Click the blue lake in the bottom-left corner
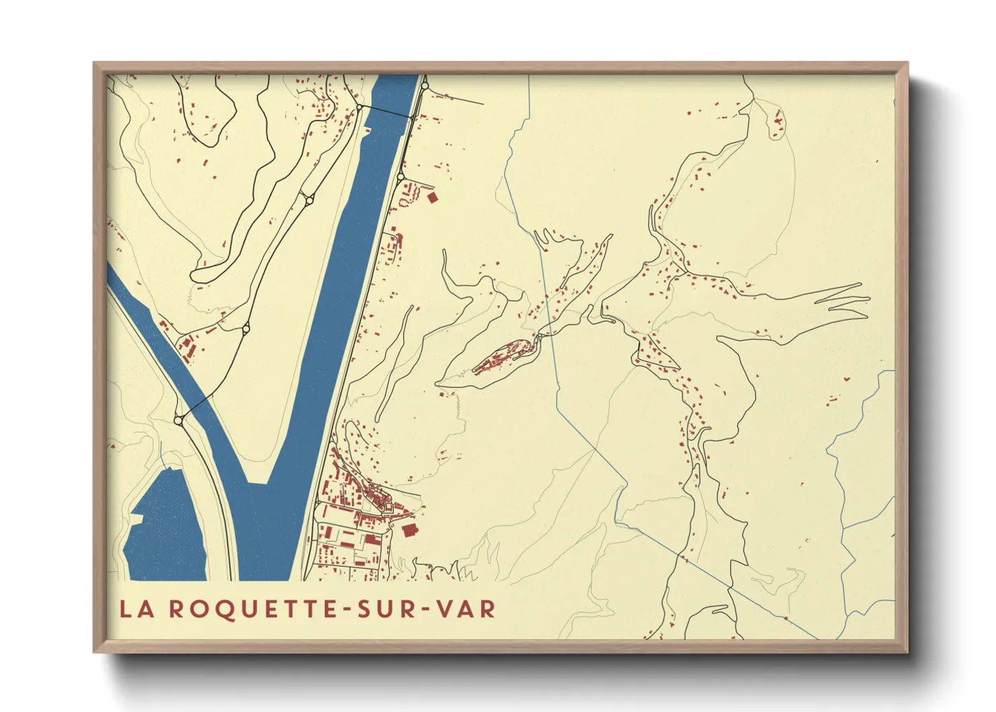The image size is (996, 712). coord(165,532)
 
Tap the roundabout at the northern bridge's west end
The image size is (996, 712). coord(360,108)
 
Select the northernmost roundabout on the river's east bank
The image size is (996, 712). coord(425,85)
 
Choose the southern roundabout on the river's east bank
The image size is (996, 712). coord(401,178)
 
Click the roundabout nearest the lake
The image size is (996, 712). coord(178,421)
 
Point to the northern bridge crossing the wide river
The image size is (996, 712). coord(387,112)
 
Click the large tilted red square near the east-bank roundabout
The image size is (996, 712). coord(432,197)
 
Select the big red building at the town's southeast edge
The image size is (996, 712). coord(408,530)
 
